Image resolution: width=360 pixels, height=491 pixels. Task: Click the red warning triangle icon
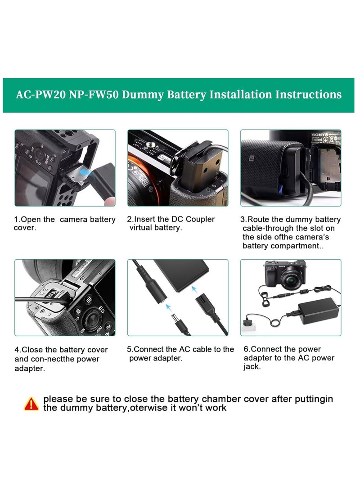click(31, 403)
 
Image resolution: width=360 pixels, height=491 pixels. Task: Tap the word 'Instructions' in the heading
click(308, 95)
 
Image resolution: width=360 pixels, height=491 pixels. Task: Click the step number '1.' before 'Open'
click(17, 220)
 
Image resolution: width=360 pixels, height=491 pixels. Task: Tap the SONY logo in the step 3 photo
click(319, 135)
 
